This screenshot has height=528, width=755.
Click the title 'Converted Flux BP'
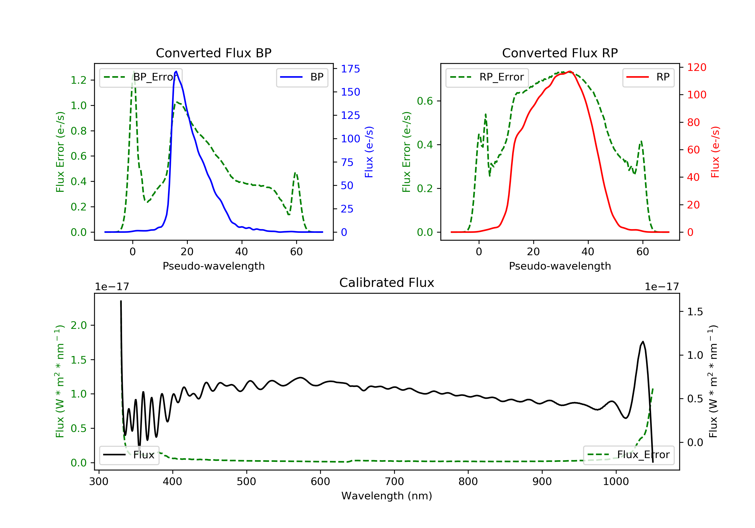(x=213, y=53)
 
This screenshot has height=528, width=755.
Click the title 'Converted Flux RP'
(x=560, y=53)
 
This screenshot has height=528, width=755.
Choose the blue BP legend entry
(x=302, y=77)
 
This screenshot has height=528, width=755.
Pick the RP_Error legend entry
(x=487, y=77)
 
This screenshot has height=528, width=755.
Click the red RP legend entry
(x=648, y=77)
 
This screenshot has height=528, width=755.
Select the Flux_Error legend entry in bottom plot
(x=628, y=455)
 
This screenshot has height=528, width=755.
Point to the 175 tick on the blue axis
(x=350, y=69)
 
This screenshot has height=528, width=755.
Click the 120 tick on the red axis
(x=696, y=67)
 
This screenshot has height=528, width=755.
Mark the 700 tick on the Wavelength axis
(x=394, y=482)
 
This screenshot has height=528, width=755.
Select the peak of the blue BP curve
(x=176, y=71)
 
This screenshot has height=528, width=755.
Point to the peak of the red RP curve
(x=570, y=71)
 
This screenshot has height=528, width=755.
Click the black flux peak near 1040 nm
(x=643, y=342)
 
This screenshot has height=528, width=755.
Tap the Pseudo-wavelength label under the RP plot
(x=560, y=266)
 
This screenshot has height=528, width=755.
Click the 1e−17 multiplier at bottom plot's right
(x=662, y=287)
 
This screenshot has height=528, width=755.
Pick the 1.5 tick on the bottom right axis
(x=695, y=312)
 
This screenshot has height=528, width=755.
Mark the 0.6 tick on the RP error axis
(x=425, y=101)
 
